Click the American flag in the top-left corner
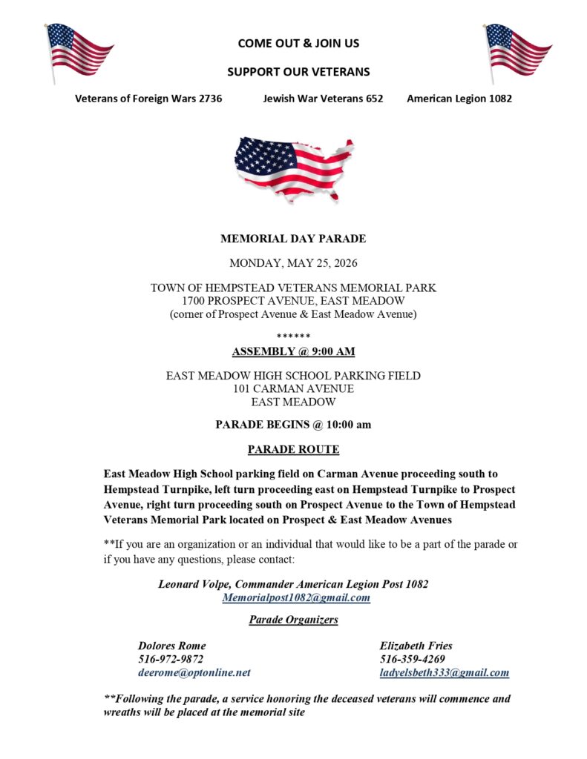(78, 51)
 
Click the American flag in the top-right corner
(518, 51)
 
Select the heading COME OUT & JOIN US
(298, 43)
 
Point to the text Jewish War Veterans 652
(323, 99)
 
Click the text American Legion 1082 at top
(459, 99)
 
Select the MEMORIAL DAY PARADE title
(293, 239)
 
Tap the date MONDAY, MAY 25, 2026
(293, 262)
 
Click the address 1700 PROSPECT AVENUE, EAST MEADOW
(293, 301)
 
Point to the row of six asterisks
(293, 337)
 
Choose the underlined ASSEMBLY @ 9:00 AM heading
(293, 351)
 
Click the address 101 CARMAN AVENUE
(293, 388)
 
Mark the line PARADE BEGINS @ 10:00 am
(293, 425)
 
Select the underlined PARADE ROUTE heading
(293, 449)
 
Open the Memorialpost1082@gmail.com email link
(296, 597)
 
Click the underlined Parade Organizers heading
(293, 620)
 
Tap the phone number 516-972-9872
(171, 659)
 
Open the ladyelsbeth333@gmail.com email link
(444, 673)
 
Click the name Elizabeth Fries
(416, 646)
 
